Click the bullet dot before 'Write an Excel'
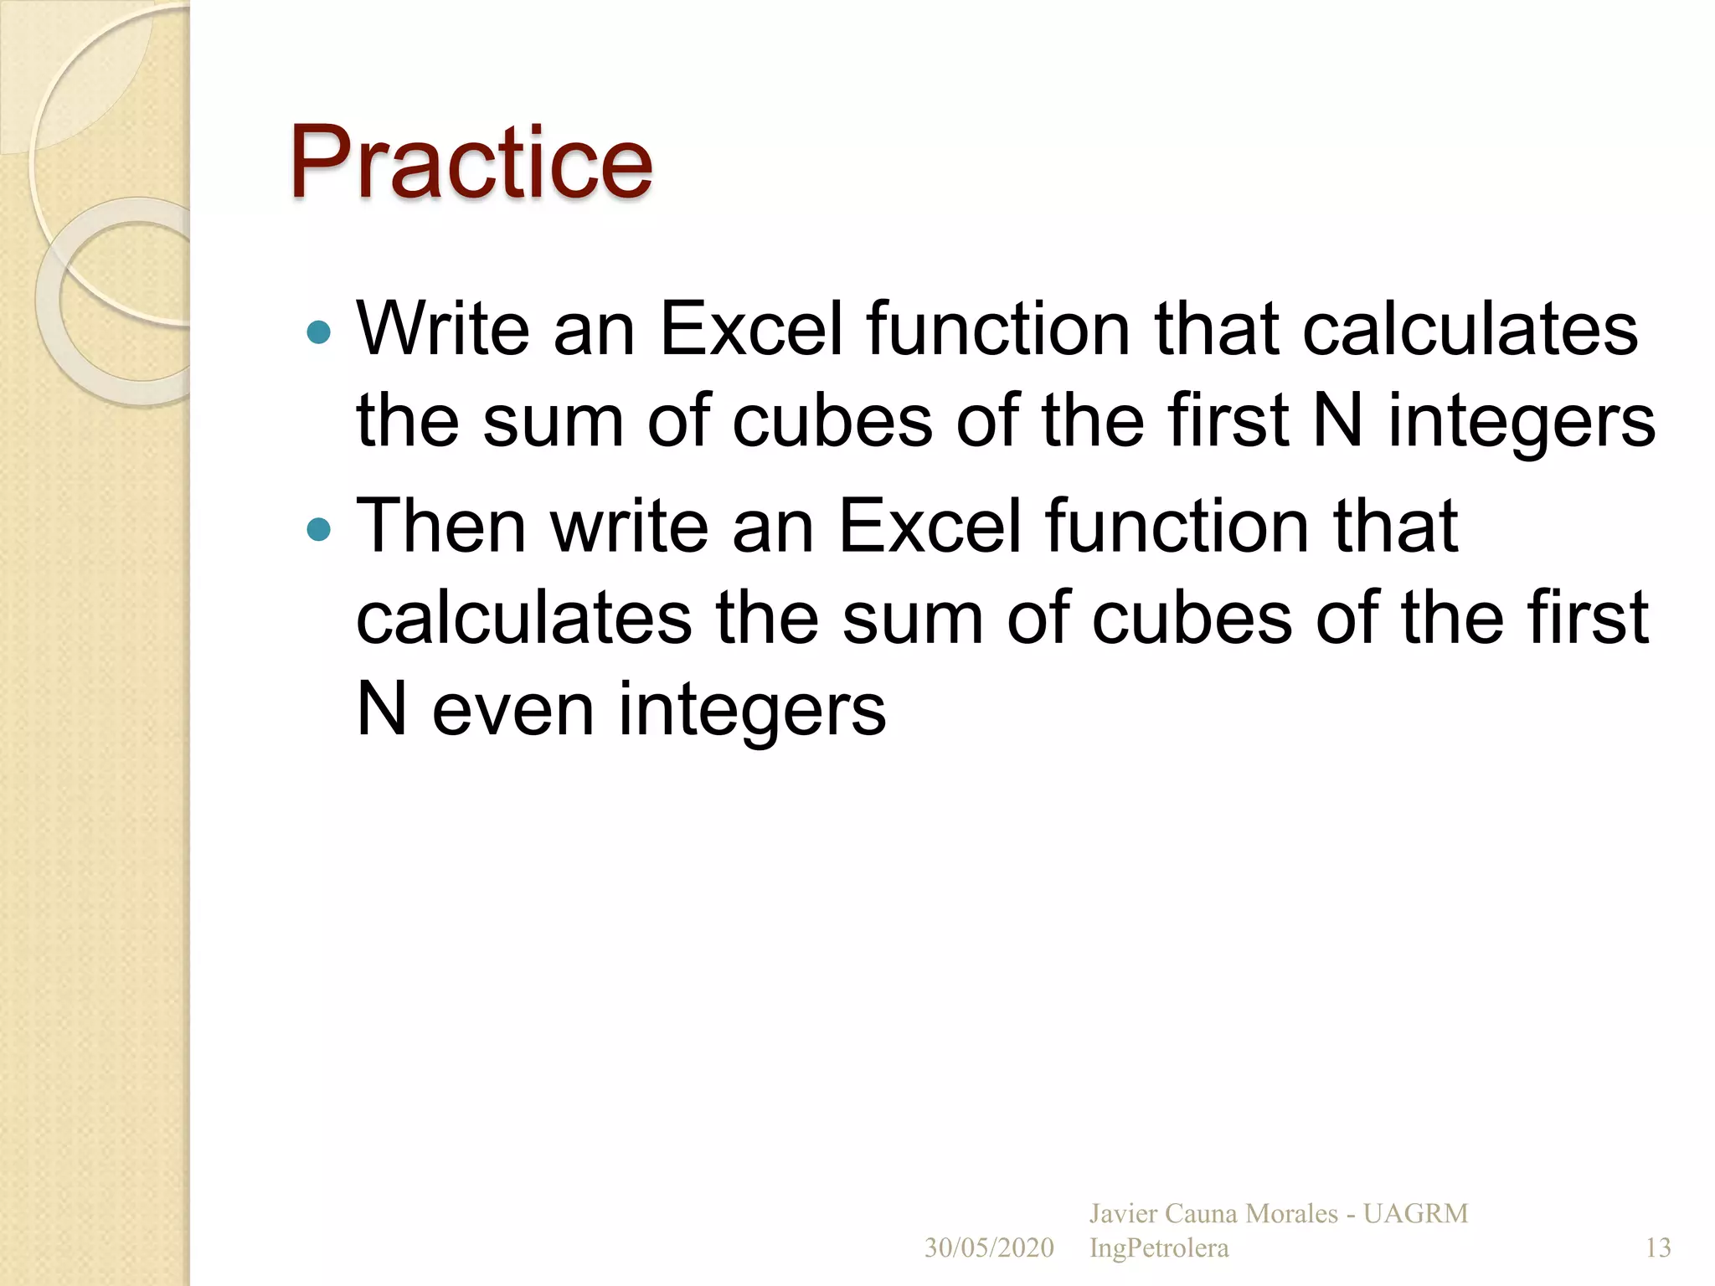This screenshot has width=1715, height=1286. point(319,333)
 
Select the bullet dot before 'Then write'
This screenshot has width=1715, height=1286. point(319,529)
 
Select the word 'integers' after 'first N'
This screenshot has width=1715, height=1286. point(1522,424)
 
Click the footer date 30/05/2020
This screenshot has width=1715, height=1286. point(989,1248)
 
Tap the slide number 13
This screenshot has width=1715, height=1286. point(1658,1248)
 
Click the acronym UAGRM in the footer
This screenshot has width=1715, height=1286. point(1415,1213)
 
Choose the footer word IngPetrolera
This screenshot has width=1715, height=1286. point(1159,1248)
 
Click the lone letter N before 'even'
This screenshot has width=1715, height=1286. point(381,709)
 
